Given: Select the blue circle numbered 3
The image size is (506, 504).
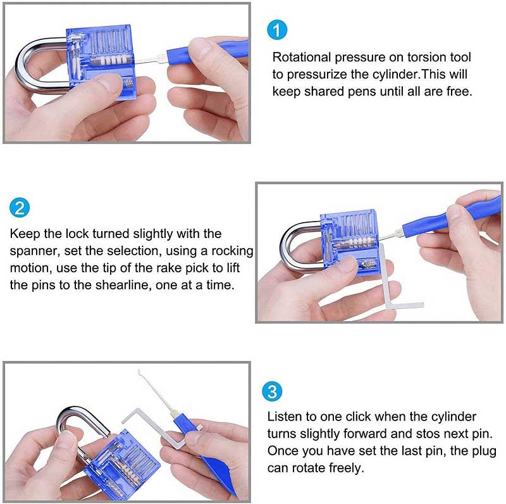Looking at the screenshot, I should (x=272, y=391).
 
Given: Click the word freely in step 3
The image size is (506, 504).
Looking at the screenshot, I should (x=347, y=468).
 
